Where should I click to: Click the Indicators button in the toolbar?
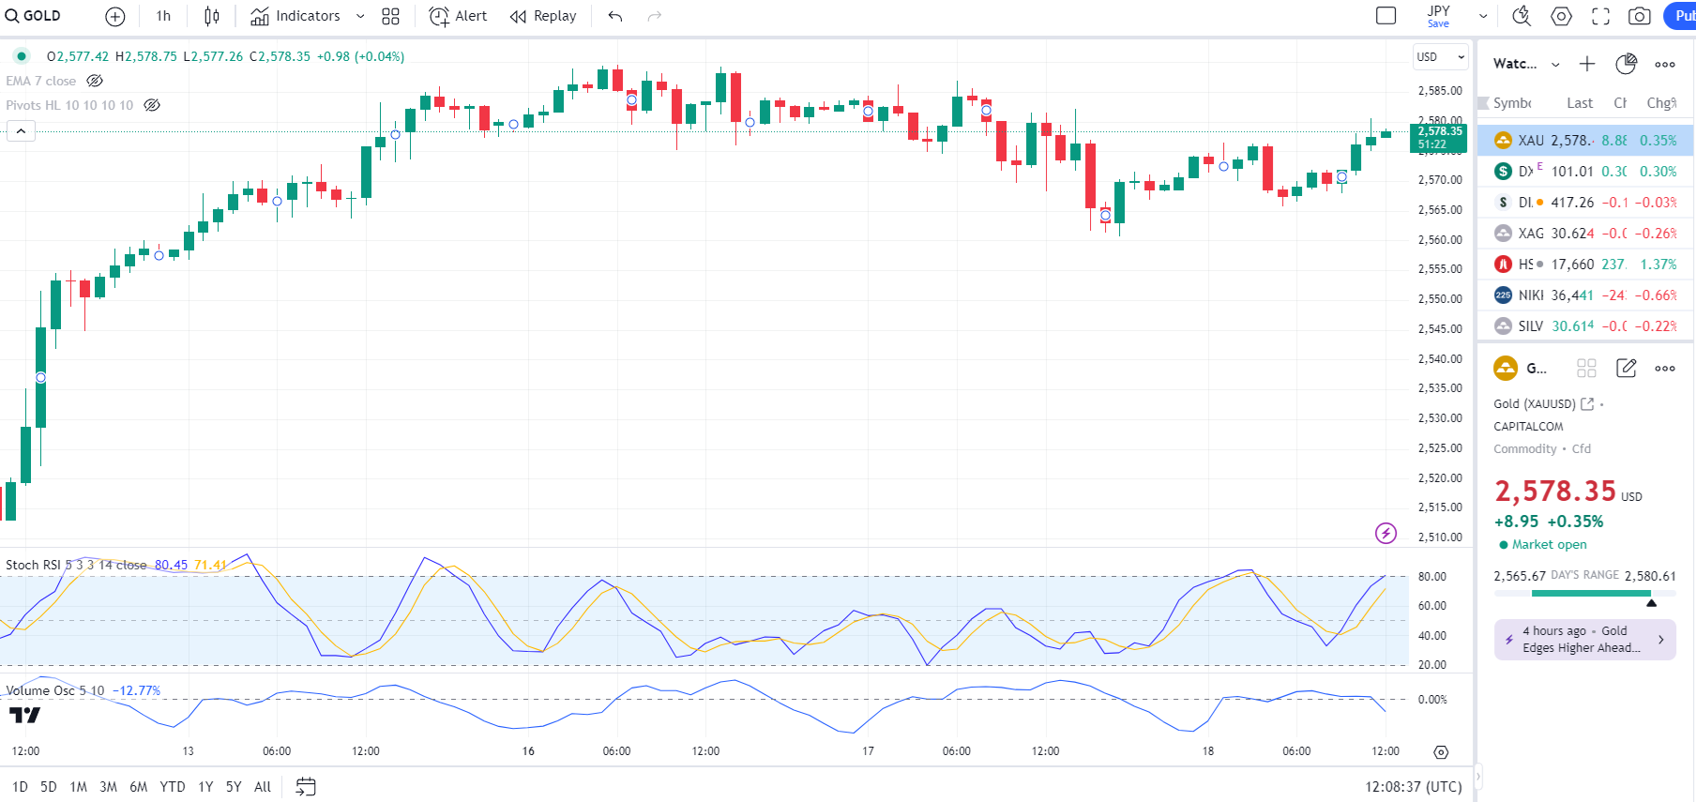pyautogui.click(x=296, y=16)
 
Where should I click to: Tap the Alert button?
pyautogui.click(x=459, y=16)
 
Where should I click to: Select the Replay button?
pyautogui.click(x=543, y=16)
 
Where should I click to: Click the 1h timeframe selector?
pyautogui.click(x=163, y=16)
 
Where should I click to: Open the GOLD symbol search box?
pyautogui.click(x=34, y=16)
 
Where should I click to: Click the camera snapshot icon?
pyautogui.click(x=1639, y=16)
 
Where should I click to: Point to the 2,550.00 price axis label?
pyautogui.click(x=1440, y=299)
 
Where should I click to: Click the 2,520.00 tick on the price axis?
pyautogui.click(x=1440, y=478)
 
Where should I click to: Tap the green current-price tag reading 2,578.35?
pyautogui.click(x=1439, y=137)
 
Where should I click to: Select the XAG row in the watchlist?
pyautogui.click(x=1585, y=234)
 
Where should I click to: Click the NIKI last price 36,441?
pyautogui.click(x=1572, y=295)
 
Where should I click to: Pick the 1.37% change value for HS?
pyautogui.click(x=1658, y=265)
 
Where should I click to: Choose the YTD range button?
pyautogui.click(x=173, y=787)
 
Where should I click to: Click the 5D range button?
pyautogui.click(x=49, y=787)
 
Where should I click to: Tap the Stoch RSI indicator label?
pyautogui.click(x=33, y=565)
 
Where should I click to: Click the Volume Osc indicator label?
pyautogui.click(x=42, y=690)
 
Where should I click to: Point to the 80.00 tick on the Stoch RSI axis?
pyautogui.click(x=1431, y=577)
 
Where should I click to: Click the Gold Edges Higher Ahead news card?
pyautogui.click(x=1584, y=640)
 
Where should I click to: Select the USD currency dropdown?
pyautogui.click(x=1440, y=57)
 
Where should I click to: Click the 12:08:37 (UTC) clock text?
pyautogui.click(x=1413, y=787)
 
